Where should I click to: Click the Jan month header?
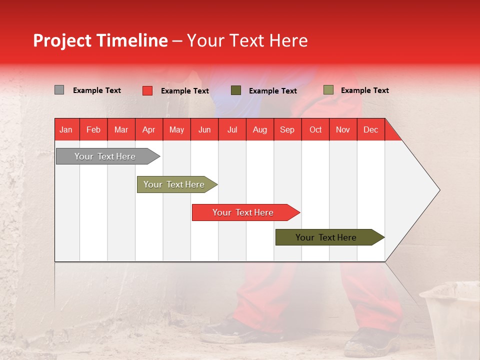pyautogui.click(x=66, y=129)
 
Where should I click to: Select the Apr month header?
pyautogui.click(x=148, y=129)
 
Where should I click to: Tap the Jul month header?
pyautogui.click(x=232, y=129)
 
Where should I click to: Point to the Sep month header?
pyautogui.click(x=287, y=129)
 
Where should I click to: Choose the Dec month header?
pyautogui.click(x=370, y=129)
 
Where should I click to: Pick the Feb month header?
pyautogui.click(x=93, y=129)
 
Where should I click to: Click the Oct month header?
pyautogui.click(x=315, y=129)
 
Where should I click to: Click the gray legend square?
pyautogui.click(x=59, y=90)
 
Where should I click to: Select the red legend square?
pyautogui.click(x=147, y=90)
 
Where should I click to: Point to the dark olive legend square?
pyautogui.click(x=236, y=90)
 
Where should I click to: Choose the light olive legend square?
pyautogui.click(x=328, y=90)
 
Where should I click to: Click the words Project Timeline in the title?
pyautogui.click(x=100, y=40)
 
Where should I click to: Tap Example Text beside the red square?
pyautogui.click(x=185, y=91)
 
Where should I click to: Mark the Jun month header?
pyautogui.click(x=204, y=129)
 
